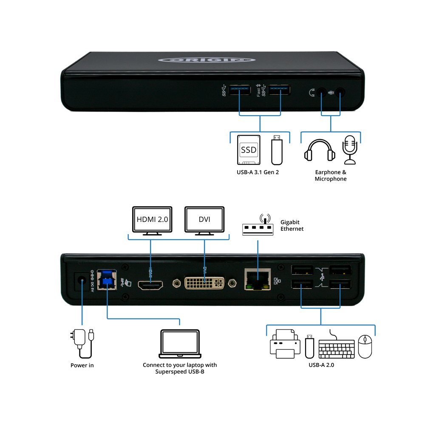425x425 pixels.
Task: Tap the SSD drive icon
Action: (x=249, y=150)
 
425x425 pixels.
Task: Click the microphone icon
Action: (x=351, y=149)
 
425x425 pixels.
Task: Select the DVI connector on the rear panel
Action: (x=204, y=283)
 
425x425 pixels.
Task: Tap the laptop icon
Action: (x=180, y=343)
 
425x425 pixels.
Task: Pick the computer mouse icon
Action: (x=365, y=346)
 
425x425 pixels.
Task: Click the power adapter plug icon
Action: (x=81, y=340)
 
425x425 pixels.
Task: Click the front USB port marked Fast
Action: (x=279, y=91)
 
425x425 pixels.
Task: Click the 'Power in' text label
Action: (x=82, y=365)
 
